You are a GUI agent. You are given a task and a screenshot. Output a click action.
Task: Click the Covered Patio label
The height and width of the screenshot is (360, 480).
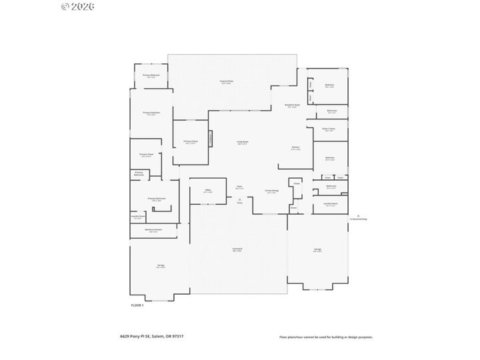point(226,81)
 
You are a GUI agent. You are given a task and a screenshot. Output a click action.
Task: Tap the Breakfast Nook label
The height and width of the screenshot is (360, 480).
point(293,105)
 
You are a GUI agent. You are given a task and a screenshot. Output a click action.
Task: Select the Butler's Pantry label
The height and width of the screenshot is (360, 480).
point(329,129)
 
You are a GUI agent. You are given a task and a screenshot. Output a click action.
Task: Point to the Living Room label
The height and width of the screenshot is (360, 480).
point(242,142)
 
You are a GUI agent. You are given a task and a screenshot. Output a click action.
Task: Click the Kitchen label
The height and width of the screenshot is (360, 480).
point(295,148)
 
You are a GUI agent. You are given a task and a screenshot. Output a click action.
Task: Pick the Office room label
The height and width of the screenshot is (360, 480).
point(208,191)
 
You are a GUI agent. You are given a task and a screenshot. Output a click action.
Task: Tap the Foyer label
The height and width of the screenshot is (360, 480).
point(239,187)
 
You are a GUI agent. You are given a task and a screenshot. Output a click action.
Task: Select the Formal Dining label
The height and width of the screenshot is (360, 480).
point(271,191)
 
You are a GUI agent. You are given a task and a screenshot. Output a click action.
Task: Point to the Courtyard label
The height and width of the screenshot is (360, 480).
point(237,250)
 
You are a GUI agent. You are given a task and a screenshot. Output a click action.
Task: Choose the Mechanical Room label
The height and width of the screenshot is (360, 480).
point(153,230)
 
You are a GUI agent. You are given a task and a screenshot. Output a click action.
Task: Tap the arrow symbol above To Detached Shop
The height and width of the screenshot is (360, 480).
point(359,215)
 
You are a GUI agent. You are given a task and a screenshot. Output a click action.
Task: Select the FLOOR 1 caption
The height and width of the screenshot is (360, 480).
point(137,305)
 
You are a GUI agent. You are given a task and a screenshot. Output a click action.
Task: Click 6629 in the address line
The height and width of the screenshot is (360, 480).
point(116,337)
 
